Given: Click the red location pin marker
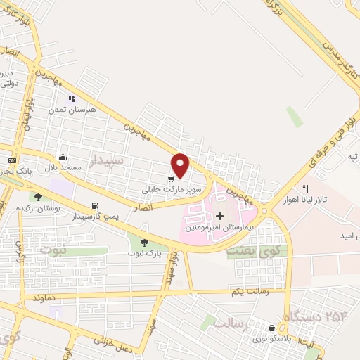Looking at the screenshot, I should click(181, 165).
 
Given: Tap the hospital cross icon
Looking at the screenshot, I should click(219, 216).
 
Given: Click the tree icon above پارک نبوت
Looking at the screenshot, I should click(144, 243).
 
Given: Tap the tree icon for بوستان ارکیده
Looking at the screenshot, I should click(38, 197).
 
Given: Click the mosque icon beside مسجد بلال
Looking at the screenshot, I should click(64, 157).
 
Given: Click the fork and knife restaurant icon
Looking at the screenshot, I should click(305, 188).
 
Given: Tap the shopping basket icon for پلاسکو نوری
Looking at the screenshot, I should click(271, 328).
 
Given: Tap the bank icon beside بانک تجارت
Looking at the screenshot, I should click(12, 161).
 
